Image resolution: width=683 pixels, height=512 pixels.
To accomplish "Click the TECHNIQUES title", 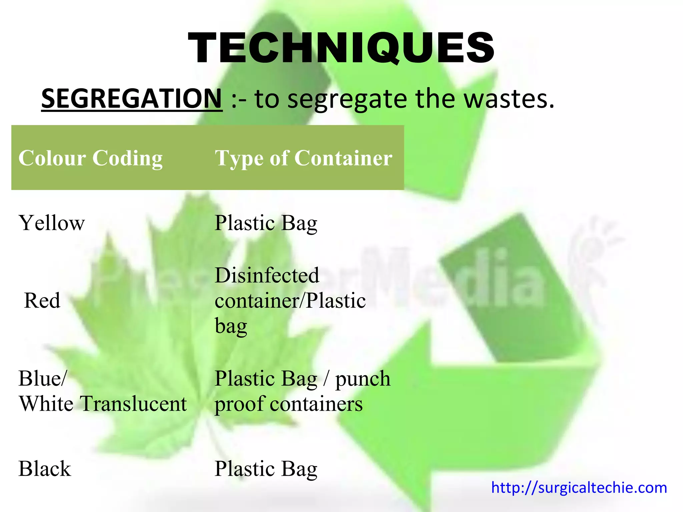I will [x=341, y=47].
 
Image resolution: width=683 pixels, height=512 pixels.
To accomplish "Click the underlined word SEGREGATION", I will [x=132, y=98].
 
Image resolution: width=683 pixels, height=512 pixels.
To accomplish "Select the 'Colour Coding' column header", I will [x=90, y=158].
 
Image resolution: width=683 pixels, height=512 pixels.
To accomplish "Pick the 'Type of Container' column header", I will [x=303, y=158].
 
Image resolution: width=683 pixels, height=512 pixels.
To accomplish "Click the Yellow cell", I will [x=52, y=223].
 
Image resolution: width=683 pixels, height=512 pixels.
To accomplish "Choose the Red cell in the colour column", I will [x=42, y=300].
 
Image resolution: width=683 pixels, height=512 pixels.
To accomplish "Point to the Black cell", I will [x=45, y=469].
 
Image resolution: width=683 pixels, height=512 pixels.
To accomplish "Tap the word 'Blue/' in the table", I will [x=43, y=378].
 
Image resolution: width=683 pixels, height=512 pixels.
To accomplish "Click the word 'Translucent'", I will [x=134, y=404].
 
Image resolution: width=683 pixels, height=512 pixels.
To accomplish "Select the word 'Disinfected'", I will [x=267, y=275].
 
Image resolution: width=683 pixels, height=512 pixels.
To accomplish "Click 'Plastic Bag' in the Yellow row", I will [x=266, y=223].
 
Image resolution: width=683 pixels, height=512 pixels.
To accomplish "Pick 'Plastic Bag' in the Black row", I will [x=266, y=469].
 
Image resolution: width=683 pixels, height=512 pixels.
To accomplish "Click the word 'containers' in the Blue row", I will [x=316, y=404].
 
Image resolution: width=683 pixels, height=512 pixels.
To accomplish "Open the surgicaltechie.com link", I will [x=579, y=488].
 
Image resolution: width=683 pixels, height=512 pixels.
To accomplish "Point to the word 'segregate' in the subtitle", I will [x=347, y=99].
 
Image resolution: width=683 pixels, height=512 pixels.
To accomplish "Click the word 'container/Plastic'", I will [x=290, y=301].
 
